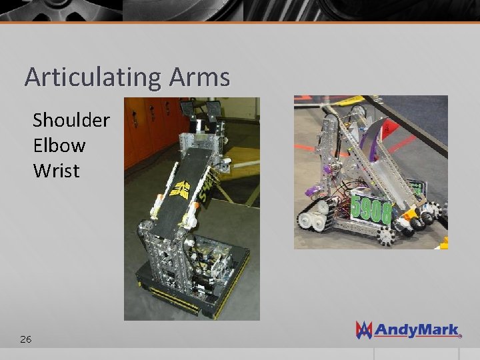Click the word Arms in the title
click(x=199, y=77)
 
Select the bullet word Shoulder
click(x=71, y=120)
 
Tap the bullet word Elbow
click(x=59, y=145)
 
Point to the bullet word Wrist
click(x=56, y=171)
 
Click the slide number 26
click(x=25, y=339)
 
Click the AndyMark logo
click(x=408, y=329)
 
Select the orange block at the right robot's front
click(x=408, y=215)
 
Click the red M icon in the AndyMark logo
click(x=364, y=329)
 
